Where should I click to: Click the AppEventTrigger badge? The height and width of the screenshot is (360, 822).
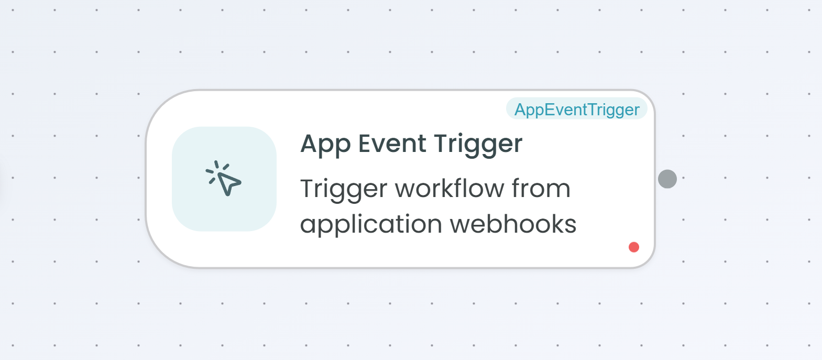(576, 108)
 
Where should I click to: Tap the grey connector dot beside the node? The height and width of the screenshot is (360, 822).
(667, 179)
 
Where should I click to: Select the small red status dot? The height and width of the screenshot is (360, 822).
(634, 247)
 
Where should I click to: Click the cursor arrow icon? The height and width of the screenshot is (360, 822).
(224, 178)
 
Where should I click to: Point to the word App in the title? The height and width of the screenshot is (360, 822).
(325, 144)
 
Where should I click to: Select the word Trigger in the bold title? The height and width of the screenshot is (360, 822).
(478, 144)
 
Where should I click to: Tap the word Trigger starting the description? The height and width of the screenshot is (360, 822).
(344, 189)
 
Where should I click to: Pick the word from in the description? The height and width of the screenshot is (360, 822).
(541, 188)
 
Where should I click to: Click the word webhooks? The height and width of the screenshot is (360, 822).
(513, 223)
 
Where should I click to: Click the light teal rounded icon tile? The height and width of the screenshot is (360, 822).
(224, 179)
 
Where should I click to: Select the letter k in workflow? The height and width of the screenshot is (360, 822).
(449, 188)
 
